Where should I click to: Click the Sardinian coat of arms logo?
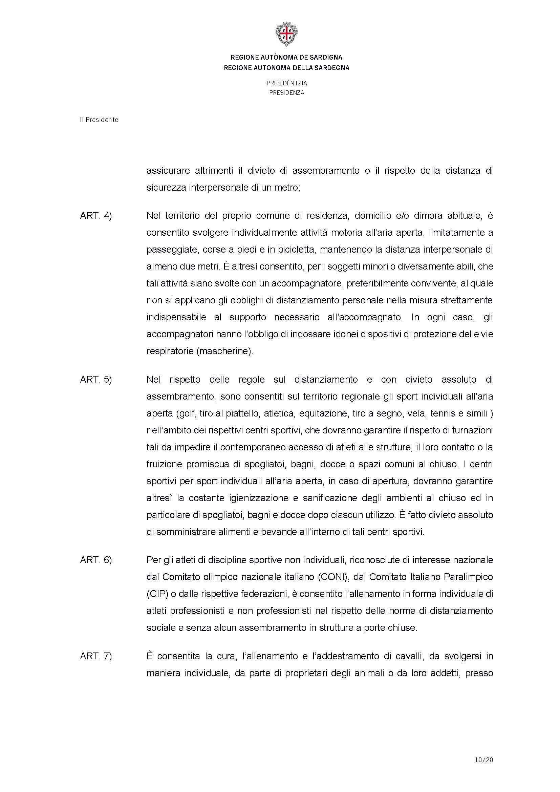[x=286, y=34]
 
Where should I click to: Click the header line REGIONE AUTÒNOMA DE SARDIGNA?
[x=286, y=57]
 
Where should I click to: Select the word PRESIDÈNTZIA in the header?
[x=286, y=83]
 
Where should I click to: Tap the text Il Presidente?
[x=99, y=120]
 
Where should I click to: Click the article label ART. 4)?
[x=96, y=216]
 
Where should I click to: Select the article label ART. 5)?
[x=96, y=380]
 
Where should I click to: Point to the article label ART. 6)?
[x=96, y=560]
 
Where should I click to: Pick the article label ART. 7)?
[x=96, y=656]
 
